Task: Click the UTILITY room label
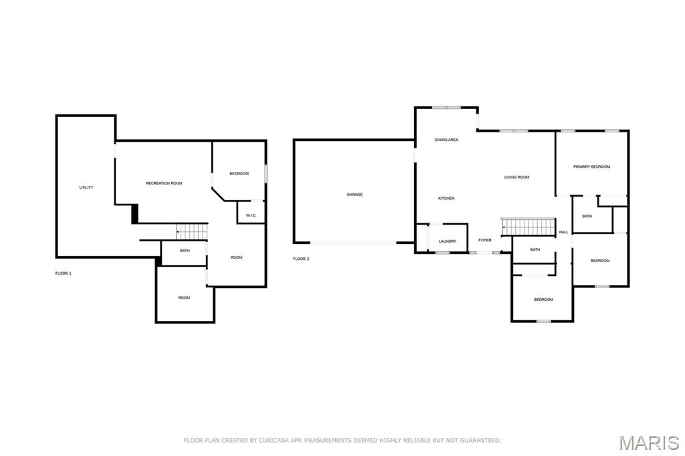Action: coord(86,187)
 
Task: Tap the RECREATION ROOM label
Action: coord(165,183)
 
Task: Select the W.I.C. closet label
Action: coord(252,215)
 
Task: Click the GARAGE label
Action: coord(355,195)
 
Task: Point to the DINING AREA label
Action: coord(446,140)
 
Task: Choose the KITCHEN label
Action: coord(446,199)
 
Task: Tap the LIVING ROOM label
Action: coord(517,177)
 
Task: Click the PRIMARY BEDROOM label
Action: coord(592,167)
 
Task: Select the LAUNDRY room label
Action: coord(448,241)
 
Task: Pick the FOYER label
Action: coord(485,240)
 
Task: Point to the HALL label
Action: coord(563,232)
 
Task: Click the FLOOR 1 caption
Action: coord(64,273)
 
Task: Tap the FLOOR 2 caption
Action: coord(301,259)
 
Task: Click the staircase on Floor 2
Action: coord(528,227)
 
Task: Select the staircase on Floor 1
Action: coord(192,231)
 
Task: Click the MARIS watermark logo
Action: coord(650,443)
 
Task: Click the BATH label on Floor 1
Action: coord(185,251)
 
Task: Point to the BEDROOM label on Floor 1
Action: coord(239,174)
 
